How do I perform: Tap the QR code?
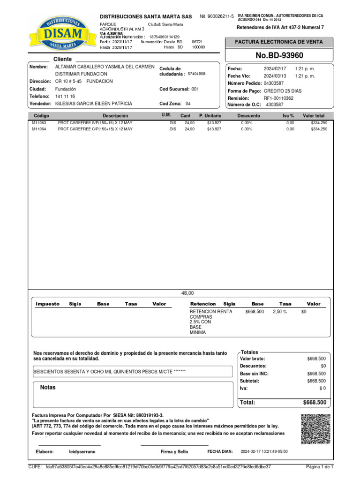click(315, 429)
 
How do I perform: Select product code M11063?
click(38, 123)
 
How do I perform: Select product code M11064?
click(38, 129)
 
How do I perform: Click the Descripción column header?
click(115, 115)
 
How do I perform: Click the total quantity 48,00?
click(187, 293)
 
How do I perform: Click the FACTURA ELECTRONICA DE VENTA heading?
click(279, 42)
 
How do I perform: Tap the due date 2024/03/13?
click(274, 76)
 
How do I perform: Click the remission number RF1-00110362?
click(278, 98)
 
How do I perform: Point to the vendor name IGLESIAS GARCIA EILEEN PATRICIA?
click(94, 104)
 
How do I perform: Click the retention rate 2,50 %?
click(280, 311)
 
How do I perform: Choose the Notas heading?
click(48, 388)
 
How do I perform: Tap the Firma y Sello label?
click(174, 451)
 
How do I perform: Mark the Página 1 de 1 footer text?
click(319, 467)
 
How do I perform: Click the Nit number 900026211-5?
click(224, 16)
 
